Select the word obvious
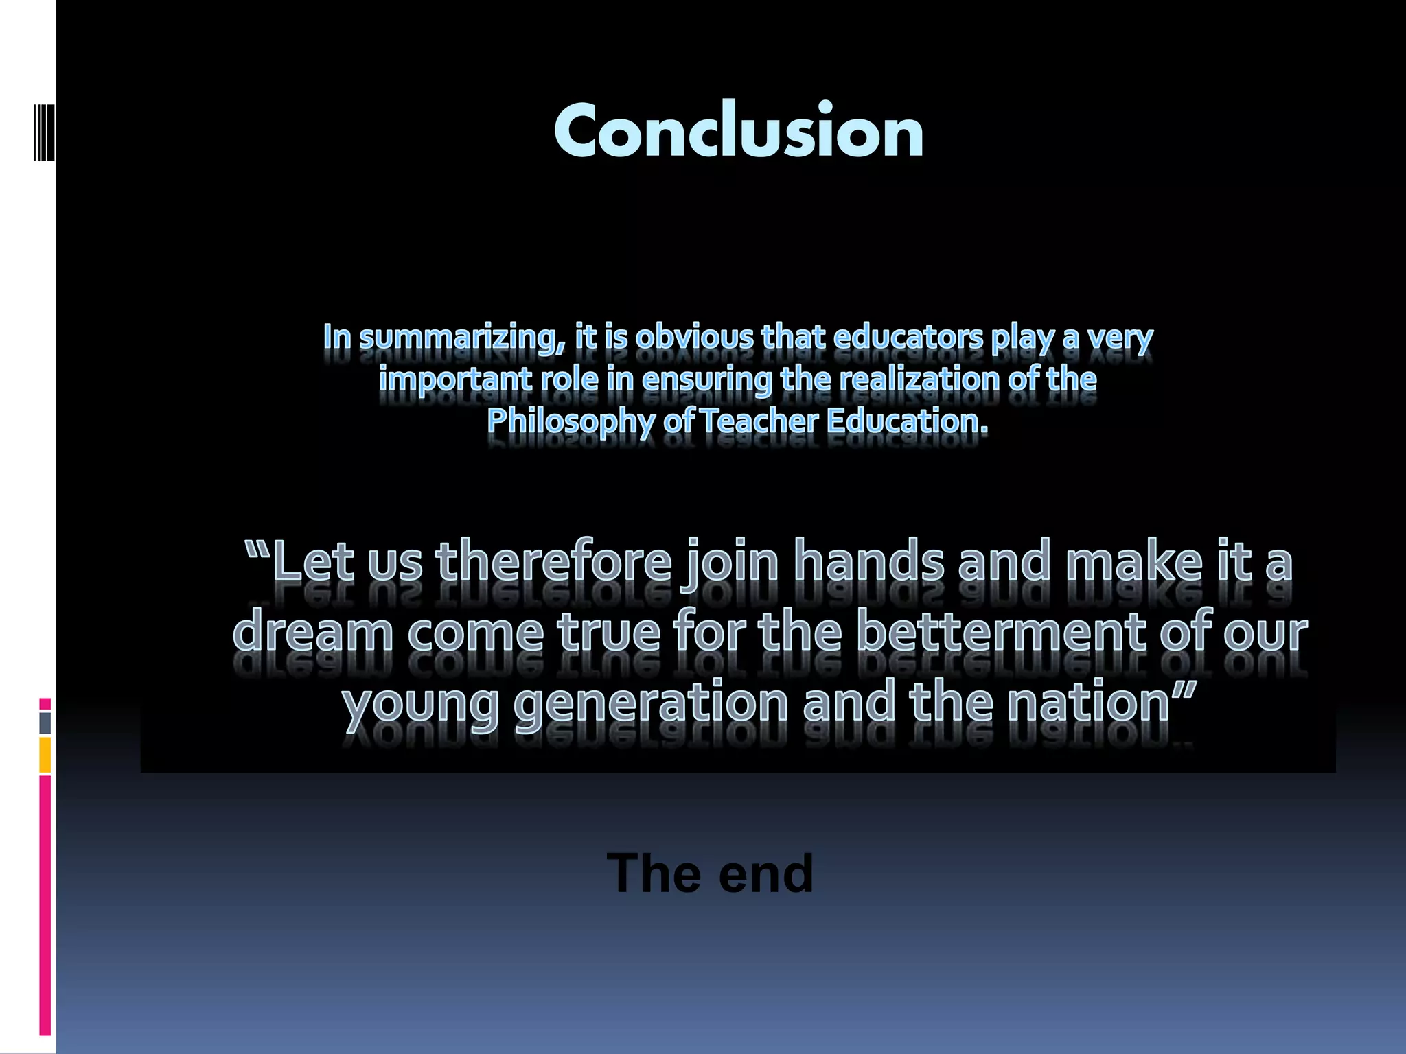(x=694, y=337)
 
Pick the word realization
(x=919, y=379)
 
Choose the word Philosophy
(x=571, y=421)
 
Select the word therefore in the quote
(x=553, y=561)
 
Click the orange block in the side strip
(x=45, y=755)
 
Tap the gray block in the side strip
(x=45, y=723)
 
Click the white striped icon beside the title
(x=45, y=132)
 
